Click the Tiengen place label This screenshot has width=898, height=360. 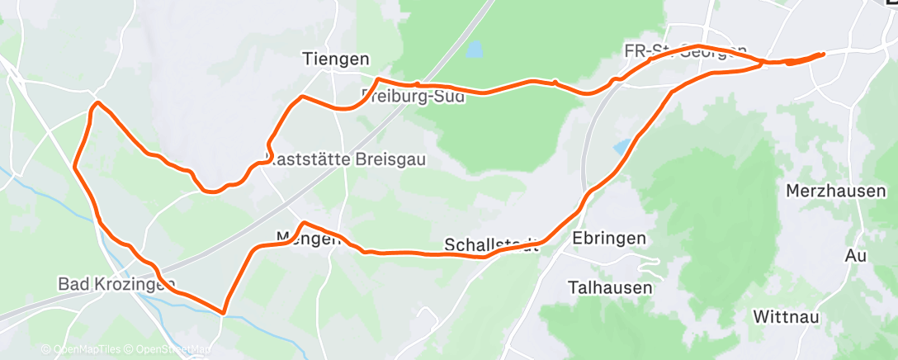click(336, 59)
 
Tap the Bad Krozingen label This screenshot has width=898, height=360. click(116, 284)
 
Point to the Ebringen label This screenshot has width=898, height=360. click(608, 238)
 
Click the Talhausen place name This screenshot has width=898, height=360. click(610, 288)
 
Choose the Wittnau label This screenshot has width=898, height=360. click(786, 316)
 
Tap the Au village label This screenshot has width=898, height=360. click(855, 256)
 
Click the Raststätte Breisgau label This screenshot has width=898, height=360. click(348, 159)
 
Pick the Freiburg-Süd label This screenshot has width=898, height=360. click(413, 96)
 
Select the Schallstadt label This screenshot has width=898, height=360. click(491, 245)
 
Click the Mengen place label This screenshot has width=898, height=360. click(308, 239)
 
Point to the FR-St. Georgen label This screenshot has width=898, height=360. click(685, 51)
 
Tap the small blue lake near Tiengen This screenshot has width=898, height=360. click(475, 51)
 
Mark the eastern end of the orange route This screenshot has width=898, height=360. click(823, 54)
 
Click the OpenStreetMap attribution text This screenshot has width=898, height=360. click(169, 348)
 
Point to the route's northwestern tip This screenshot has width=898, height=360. click(97, 103)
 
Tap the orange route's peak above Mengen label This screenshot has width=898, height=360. click(304, 222)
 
